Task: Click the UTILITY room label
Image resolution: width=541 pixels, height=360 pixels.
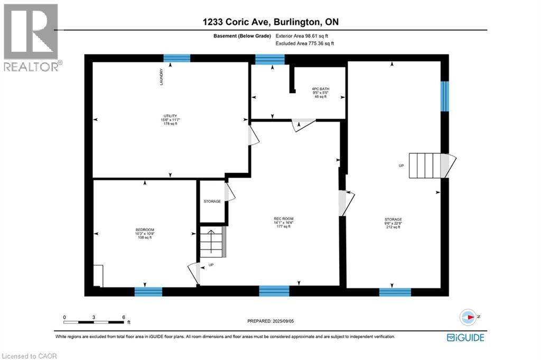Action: [170, 119]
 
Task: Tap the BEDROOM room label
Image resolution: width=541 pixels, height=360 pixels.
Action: [144, 233]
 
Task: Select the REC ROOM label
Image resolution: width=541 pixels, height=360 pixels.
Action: [283, 223]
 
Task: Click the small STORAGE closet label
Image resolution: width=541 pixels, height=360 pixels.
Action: [212, 201]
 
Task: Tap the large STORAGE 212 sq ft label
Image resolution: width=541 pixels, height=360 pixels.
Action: [393, 223]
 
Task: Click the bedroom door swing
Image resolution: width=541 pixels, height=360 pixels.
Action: [194, 272]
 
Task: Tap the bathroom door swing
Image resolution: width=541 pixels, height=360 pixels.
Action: [304, 125]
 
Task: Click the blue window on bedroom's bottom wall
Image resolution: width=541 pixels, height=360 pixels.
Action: [148, 291]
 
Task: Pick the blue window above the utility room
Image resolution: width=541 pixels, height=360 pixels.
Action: [176, 58]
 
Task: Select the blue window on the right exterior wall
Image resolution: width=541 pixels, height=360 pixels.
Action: [445, 96]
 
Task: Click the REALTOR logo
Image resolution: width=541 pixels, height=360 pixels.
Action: [31, 38]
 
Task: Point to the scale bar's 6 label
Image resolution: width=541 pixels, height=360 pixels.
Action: [123, 318]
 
